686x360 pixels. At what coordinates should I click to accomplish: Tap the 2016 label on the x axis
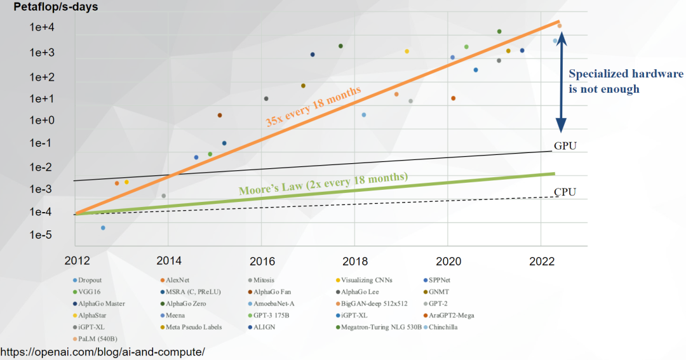261,260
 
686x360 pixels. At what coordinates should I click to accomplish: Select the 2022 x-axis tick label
541,260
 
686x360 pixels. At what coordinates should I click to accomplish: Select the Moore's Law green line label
323,183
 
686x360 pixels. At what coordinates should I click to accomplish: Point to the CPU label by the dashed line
565,192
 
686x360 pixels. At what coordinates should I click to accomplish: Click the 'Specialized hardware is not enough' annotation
625,81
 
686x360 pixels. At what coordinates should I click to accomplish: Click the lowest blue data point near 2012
103,227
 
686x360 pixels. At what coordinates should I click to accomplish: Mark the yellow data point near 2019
407,51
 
